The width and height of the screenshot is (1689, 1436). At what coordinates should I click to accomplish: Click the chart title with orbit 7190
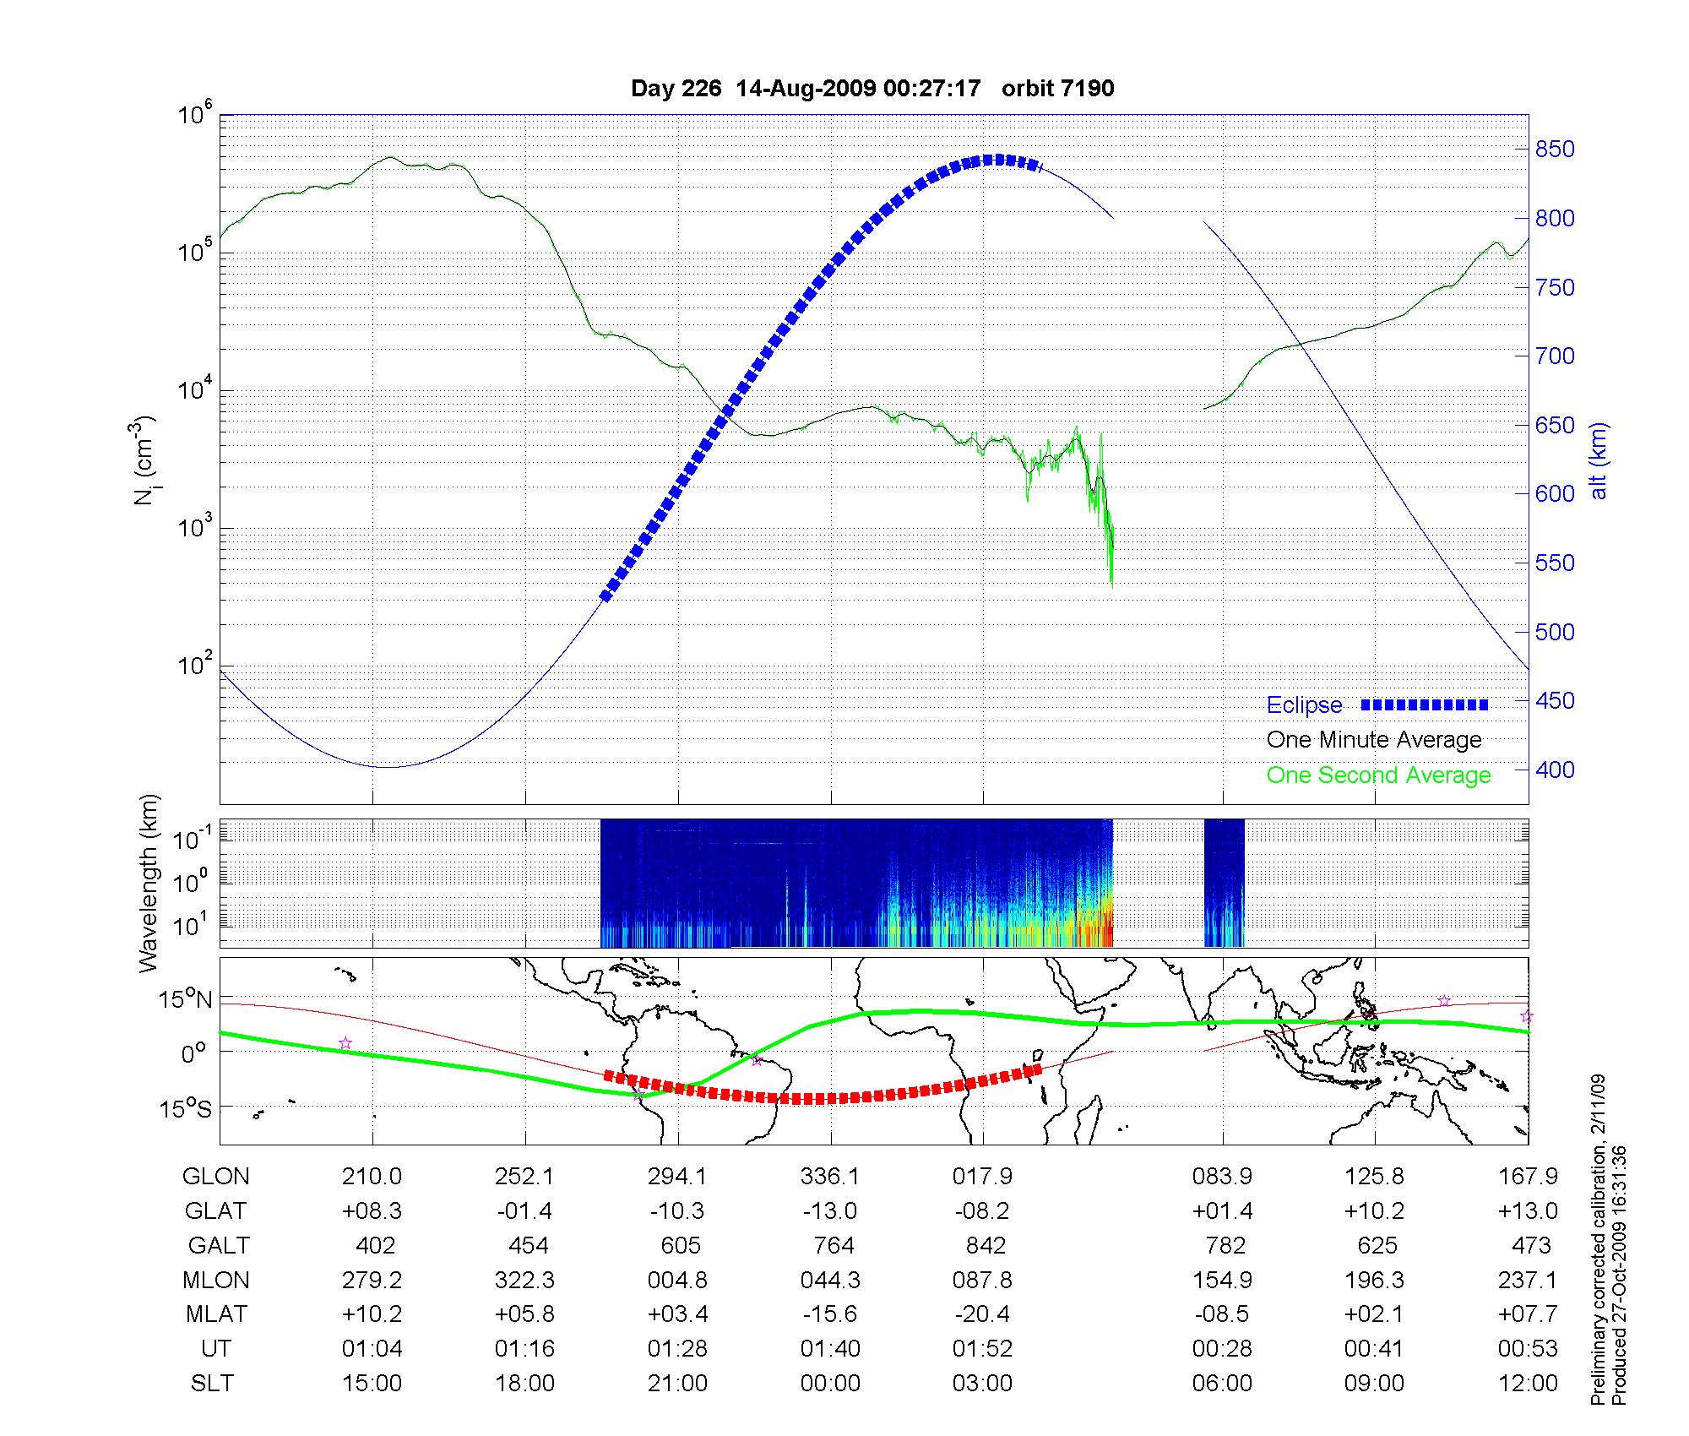[x=872, y=88]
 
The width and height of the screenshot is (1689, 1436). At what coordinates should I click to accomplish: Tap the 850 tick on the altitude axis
[x=1555, y=150]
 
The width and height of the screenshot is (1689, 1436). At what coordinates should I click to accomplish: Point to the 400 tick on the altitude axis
[x=1555, y=770]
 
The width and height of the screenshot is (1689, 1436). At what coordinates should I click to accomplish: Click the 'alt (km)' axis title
[x=1599, y=460]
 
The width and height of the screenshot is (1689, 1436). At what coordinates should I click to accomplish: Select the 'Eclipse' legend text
[x=1304, y=705]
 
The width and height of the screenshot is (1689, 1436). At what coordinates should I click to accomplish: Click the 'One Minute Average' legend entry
[x=1374, y=740]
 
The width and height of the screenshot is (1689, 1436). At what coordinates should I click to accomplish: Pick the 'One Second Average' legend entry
[x=1378, y=775]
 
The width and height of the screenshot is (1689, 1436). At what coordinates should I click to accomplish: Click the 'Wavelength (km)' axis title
[x=149, y=884]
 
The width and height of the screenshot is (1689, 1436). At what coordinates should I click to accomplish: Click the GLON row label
[x=216, y=1177]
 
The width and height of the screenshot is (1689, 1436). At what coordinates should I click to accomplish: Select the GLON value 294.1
[x=677, y=1177]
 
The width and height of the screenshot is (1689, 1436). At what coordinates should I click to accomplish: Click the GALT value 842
[x=986, y=1246]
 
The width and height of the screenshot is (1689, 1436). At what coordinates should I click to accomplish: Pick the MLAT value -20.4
[x=982, y=1315]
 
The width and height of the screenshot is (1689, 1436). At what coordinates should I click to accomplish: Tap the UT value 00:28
[x=1222, y=1349]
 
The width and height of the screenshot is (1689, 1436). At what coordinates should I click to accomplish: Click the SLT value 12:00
[x=1528, y=1384]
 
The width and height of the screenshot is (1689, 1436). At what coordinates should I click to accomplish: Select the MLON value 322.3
[x=524, y=1281]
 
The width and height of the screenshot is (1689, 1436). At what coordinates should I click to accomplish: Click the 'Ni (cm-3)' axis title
[x=145, y=460]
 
